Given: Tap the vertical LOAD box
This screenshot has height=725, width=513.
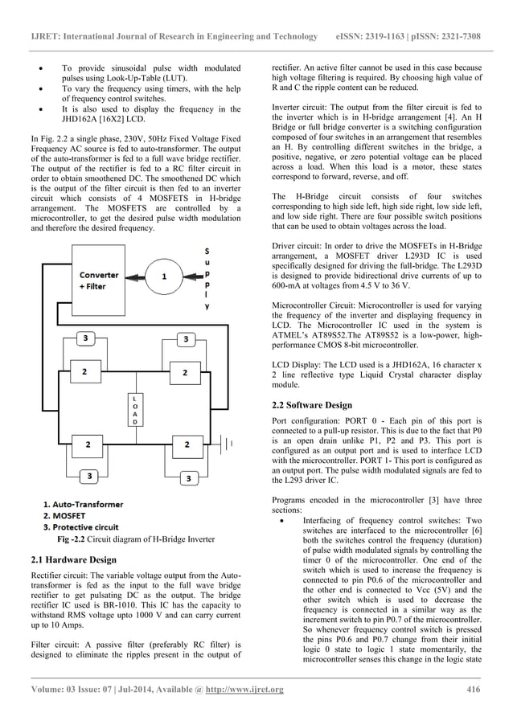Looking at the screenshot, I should tap(135, 411).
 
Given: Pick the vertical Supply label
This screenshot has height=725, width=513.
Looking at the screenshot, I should tap(208, 277).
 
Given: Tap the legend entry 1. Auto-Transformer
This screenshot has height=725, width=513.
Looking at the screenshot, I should tap(82, 505).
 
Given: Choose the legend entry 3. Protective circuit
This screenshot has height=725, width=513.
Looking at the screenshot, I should tap(80, 526).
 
